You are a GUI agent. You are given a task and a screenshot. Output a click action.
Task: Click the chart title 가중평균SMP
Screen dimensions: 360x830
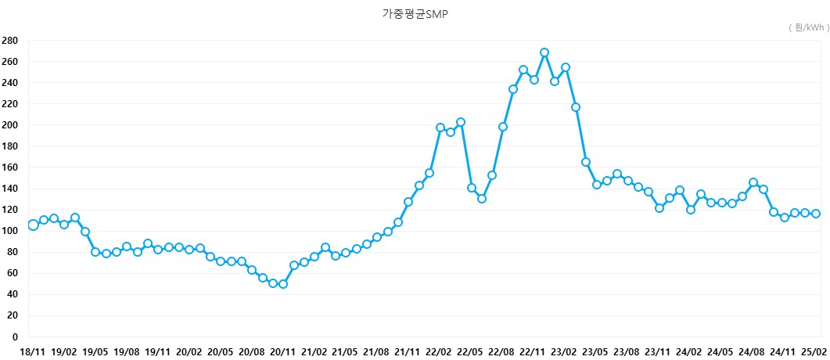(x=415, y=14)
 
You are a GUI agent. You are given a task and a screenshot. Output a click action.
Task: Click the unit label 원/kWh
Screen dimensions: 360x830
(x=807, y=27)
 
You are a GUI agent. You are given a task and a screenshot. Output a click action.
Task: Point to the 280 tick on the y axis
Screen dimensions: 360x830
(x=9, y=40)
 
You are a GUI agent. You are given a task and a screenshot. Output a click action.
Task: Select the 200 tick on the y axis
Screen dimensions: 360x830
(x=9, y=125)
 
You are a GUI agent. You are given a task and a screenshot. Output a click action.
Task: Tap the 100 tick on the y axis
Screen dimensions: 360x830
(x=9, y=231)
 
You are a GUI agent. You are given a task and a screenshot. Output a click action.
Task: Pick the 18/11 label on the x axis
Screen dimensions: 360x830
(x=32, y=352)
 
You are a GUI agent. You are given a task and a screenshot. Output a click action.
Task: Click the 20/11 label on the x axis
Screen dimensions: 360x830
(x=283, y=352)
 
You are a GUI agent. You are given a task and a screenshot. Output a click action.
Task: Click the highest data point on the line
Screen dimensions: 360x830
(x=544, y=52)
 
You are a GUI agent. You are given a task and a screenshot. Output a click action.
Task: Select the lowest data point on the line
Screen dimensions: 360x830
(x=283, y=284)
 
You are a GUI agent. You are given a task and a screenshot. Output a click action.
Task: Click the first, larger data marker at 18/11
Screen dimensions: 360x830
(x=33, y=225)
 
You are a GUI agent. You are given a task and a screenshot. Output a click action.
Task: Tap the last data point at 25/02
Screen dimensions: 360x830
(x=816, y=214)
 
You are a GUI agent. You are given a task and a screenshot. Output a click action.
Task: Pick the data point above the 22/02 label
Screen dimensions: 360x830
(x=440, y=128)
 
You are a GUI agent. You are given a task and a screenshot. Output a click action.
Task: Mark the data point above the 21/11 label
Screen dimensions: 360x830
(x=408, y=202)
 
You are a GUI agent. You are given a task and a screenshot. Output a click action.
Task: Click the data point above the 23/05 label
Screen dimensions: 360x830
(x=597, y=185)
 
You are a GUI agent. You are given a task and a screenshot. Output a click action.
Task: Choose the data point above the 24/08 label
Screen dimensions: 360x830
(x=753, y=182)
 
